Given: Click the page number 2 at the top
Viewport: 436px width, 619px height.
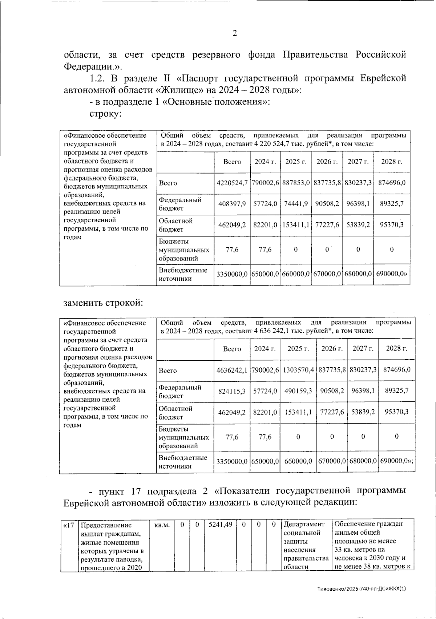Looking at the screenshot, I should pyautogui.click(x=234, y=33).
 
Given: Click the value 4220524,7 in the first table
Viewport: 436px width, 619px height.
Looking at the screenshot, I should pyautogui.click(x=232, y=183).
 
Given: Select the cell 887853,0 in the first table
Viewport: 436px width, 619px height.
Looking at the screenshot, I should pyautogui.click(x=296, y=183).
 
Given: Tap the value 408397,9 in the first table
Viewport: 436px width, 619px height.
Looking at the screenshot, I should pyautogui.click(x=232, y=204).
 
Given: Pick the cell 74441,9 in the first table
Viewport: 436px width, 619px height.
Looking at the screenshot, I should pyautogui.click(x=296, y=204).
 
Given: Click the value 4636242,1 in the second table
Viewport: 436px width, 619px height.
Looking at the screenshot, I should pyautogui.click(x=232, y=370).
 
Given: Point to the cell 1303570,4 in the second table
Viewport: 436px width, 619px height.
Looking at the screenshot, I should pyautogui.click(x=298, y=370).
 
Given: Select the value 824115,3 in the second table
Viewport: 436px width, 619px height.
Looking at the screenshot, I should pyautogui.click(x=232, y=391).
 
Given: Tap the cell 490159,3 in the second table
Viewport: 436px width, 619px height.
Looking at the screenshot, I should pyautogui.click(x=298, y=391).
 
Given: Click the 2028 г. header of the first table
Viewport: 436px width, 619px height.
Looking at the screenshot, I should pyautogui.click(x=391, y=162).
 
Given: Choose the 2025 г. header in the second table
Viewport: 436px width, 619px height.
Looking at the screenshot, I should pyautogui.click(x=298, y=349).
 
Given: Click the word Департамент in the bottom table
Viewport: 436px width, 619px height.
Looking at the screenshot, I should pyautogui.click(x=304, y=525).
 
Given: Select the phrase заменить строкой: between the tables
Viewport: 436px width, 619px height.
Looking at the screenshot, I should pyautogui.click(x=103, y=303).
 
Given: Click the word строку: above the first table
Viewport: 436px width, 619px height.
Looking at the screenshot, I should pyautogui.click(x=105, y=114).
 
